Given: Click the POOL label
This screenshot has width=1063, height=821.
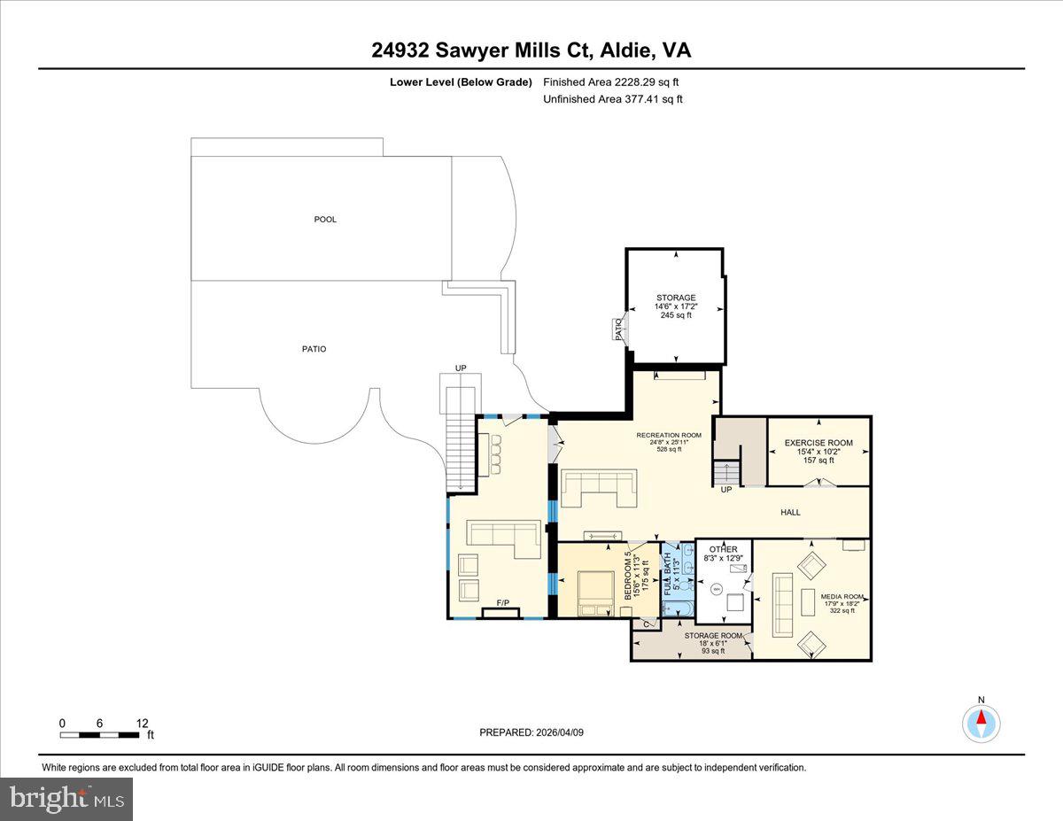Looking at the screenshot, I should tap(325, 220).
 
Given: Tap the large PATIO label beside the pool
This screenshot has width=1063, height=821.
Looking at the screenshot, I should tap(314, 349).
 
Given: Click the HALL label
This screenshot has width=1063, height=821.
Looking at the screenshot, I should tap(790, 512).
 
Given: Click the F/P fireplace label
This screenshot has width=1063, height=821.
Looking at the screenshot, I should tap(502, 603).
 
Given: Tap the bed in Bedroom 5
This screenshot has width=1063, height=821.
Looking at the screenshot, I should tap(594, 592).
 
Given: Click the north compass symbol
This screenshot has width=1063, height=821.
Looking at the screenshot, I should tap(982, 723).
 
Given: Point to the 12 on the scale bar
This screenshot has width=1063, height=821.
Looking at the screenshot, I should tap(142, 723).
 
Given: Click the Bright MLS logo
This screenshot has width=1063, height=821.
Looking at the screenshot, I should tap(67, 799).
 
